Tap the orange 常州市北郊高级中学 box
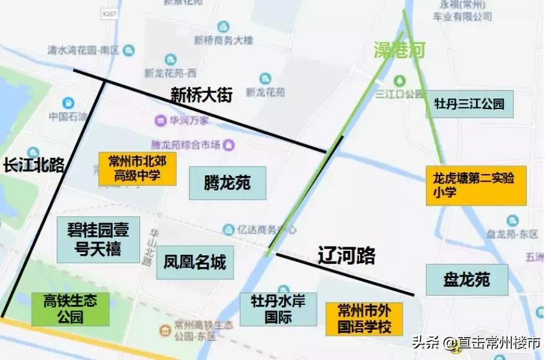[137, 169]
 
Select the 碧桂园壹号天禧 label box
[94, 240]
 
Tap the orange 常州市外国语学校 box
[364, 318]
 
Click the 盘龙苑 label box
[466, 279]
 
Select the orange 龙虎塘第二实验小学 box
[475, 185]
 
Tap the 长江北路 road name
[33, 165]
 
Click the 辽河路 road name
[347, 256]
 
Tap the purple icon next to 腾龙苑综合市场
[230, 145]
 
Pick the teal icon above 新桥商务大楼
[223, 26]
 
